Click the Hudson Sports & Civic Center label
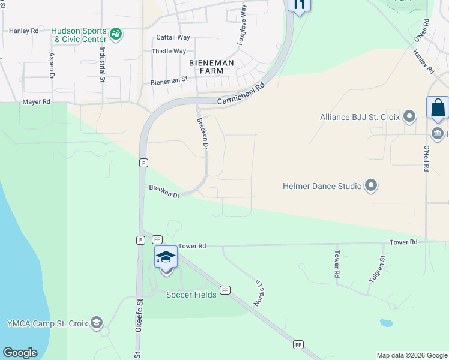pyautogui.click(x=79, y=35)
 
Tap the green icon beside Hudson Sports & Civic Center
pyautogui.click(x=117, y=34)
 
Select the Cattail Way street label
pyautogui.click(x=173, y=37)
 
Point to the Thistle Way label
pyautogui.click(x=169, y=51)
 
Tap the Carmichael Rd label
pyautogui.click(x=241, y=95)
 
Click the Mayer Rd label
pyautogui.click(x=36, y=102)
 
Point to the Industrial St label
pyautogui.click(x=103, y=64)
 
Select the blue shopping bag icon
pyautogui.click(x=438, y=108)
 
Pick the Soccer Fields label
pyautogui.click(x=191, y=295)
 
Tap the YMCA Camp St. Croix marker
pyautogui.click(x=96, y=323)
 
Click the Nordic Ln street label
pyautogui.click(x=259, y=292)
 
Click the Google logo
pyautogui.click(x=20, y=353)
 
